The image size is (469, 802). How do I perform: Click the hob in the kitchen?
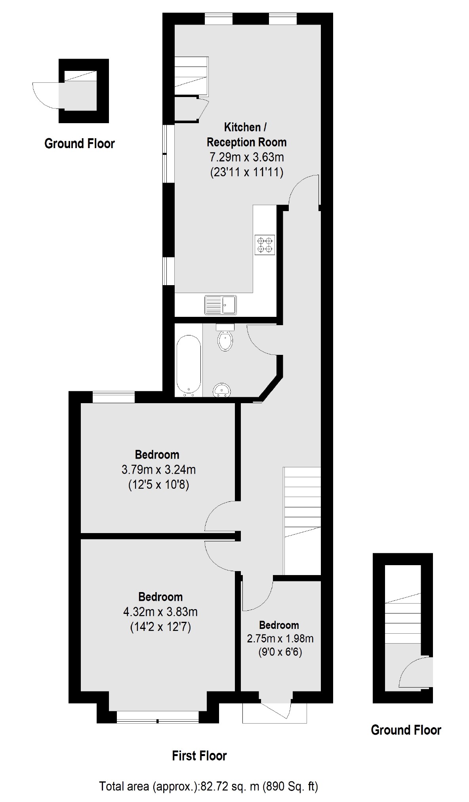pyautogui.click(x=265, y=245)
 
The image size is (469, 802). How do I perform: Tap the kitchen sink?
pyautogui.click(x=221, y=305)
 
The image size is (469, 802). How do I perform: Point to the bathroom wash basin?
pyautogui.click(x=222, y=390)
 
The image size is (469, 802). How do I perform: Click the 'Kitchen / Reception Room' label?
pyautogui.click(x=246, y=135)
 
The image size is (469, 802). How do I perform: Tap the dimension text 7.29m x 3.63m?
pyautogui.click(x=246, y=157)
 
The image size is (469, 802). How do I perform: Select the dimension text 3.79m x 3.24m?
pyautogui.click(x=158, y=470)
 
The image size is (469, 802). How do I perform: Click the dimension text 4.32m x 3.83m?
pyautogui.click(x=160, y=612)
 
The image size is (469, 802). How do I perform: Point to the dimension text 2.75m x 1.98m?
pyautogui.click(x=280, y=638)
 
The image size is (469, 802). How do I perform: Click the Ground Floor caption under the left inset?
pyautogui.click(x=80, y=143)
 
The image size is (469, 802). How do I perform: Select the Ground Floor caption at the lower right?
pyautogui.click(x=406, y=730)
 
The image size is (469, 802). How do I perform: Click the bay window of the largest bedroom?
pyautogui.click(x=158, y=717)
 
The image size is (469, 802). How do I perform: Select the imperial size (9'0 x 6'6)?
pyautogui.click(x=280, y=652)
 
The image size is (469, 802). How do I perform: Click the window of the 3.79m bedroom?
pyautogui.click(x=113, y=397)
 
